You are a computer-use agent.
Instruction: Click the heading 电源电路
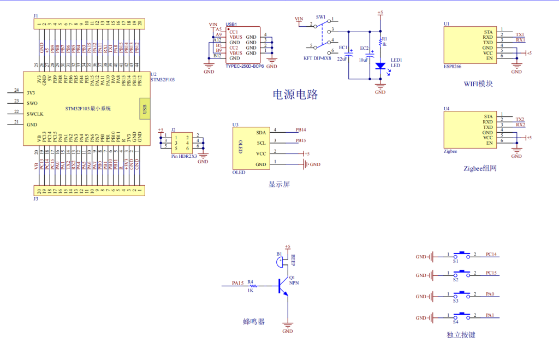point(295,95)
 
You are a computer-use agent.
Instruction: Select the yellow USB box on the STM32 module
point(144,108)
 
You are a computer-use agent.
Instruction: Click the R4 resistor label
point(251,282)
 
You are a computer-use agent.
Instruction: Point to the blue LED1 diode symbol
point(380,66)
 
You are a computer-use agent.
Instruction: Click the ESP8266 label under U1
point(452,66)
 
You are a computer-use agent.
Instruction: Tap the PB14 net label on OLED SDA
point(301,130)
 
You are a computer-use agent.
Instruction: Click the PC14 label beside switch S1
point(491,255)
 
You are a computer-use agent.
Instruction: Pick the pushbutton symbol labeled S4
point(463,315)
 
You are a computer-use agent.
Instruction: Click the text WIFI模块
point(478,84)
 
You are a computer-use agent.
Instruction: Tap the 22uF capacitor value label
point(342,58)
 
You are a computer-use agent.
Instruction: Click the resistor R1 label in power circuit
point(384,39)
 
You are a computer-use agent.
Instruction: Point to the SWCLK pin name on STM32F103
point(35,114)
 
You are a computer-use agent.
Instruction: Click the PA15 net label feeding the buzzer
point(237,283)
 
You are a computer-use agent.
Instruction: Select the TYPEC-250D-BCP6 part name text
point(244,66)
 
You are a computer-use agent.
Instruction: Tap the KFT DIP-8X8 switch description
point(317,58)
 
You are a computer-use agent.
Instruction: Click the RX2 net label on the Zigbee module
point(520,125)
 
